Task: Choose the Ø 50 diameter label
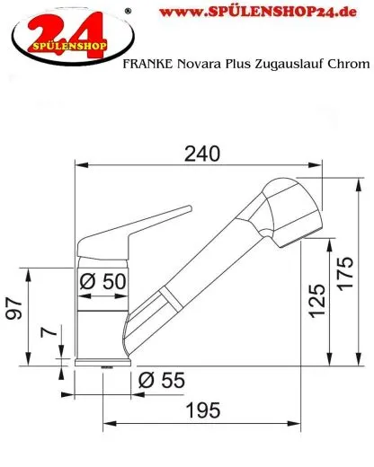[x=101, y=280]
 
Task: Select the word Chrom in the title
[x=349, y=64]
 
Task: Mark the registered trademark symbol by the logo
[x=127, y=9]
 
